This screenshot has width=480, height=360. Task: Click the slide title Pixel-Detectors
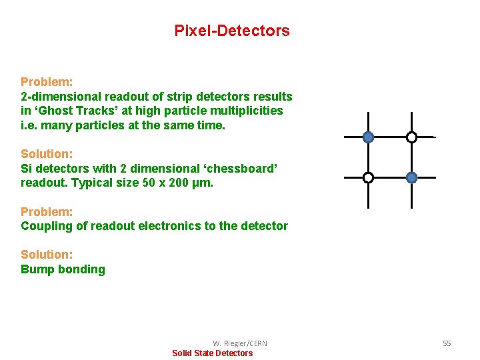tap(232, 31)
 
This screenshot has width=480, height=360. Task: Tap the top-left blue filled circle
tap(368, 137)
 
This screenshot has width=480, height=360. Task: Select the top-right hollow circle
tap(411, 137)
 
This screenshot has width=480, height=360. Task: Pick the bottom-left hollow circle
tap(368, 177)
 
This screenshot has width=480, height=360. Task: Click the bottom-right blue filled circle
tap(411, 177)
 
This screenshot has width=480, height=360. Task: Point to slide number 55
tap(447, 343)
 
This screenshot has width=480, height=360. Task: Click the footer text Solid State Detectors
tap(213, 353)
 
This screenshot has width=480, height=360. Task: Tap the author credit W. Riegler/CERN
tap(240, 343)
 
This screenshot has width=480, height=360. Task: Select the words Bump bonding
tap(63, 269)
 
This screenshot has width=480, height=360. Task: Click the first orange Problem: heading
tap(47, 82)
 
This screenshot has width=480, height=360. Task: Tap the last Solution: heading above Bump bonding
tap(47, 255)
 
